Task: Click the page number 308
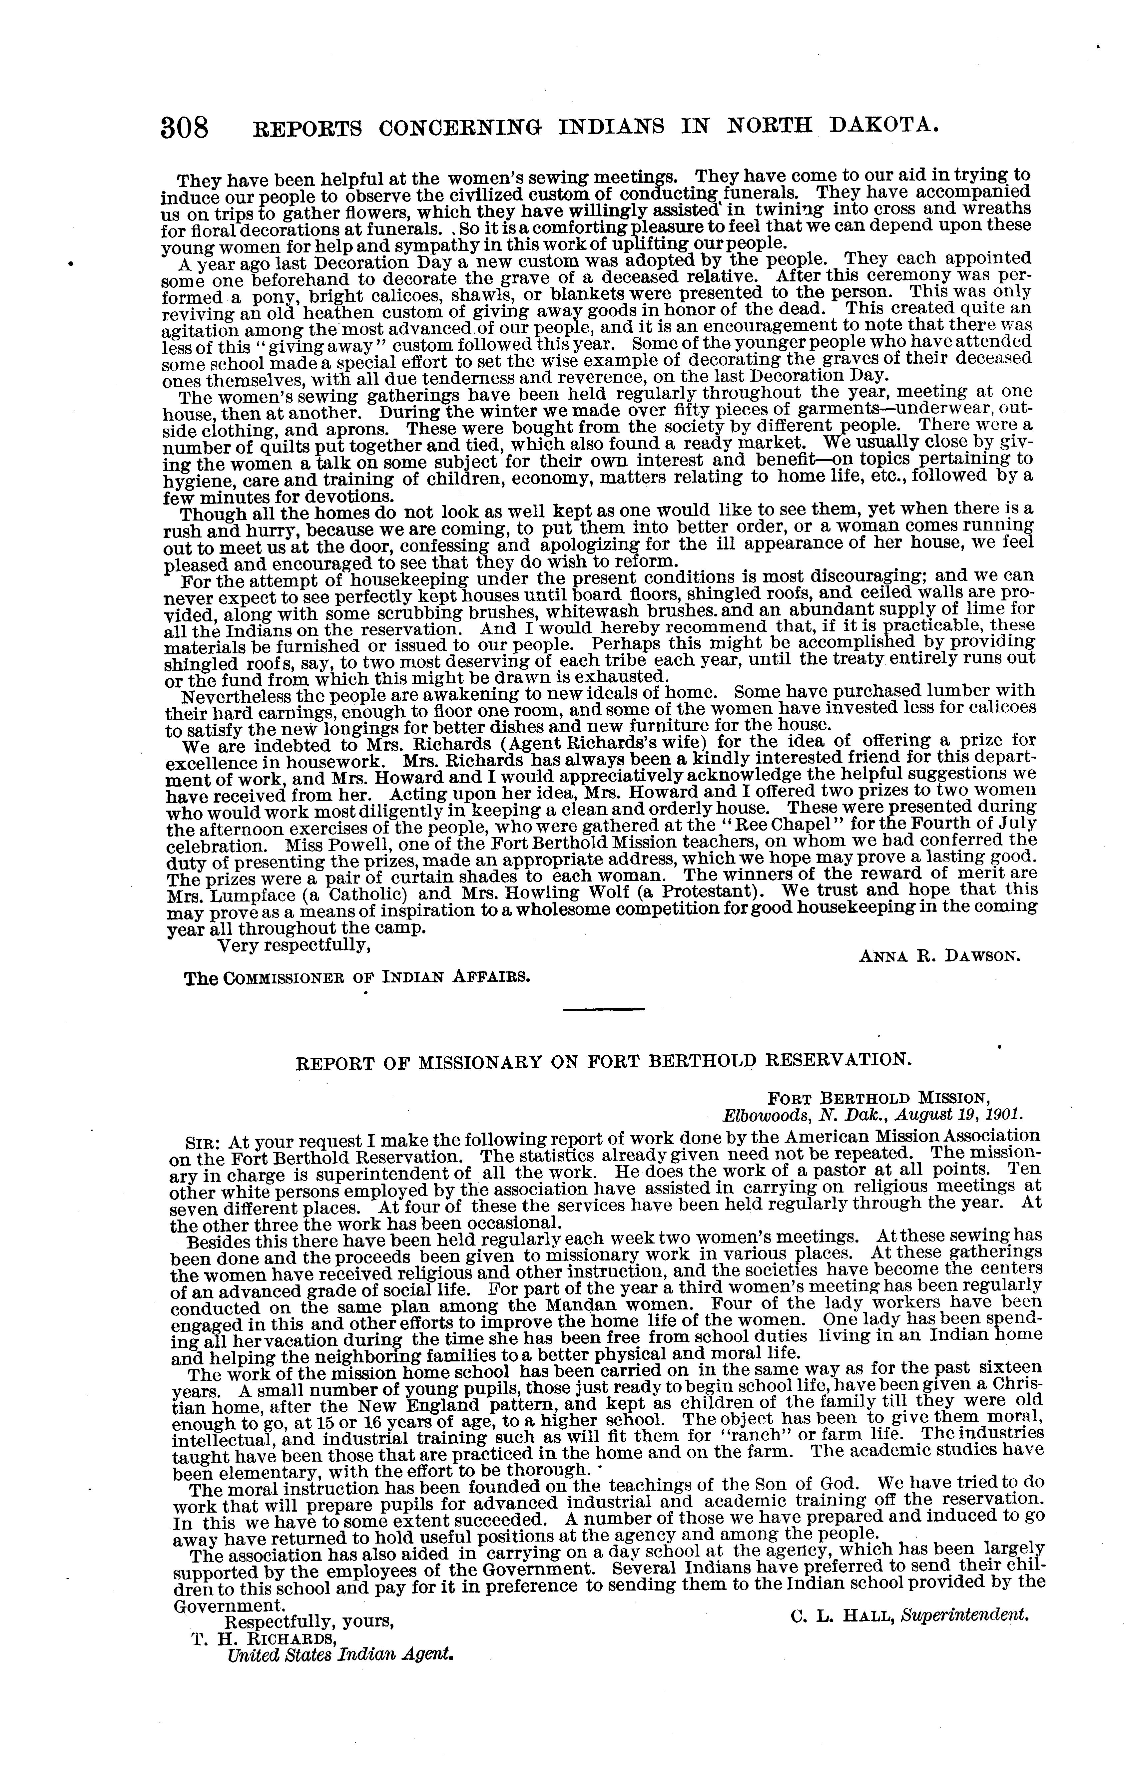185,128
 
